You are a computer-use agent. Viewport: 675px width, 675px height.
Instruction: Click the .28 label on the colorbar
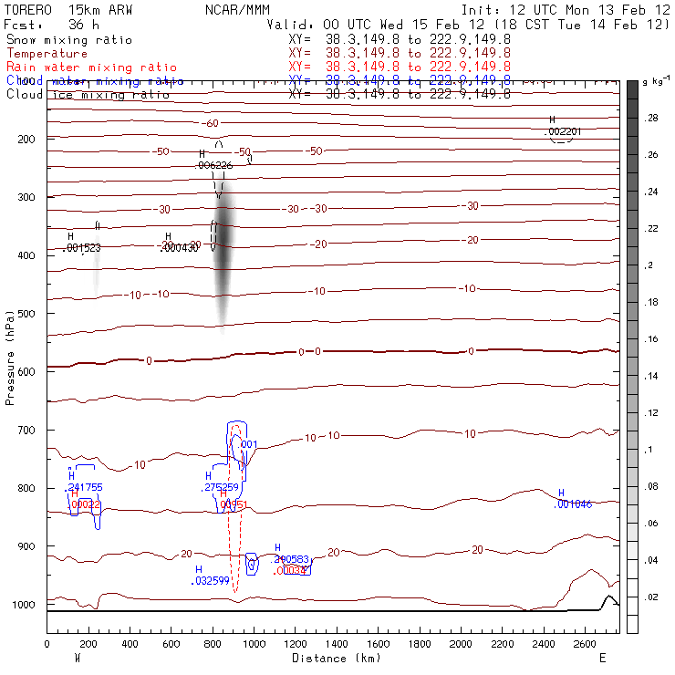652,119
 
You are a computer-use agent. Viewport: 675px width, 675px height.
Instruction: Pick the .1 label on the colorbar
649,450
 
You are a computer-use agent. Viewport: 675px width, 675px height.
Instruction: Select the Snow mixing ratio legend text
69,40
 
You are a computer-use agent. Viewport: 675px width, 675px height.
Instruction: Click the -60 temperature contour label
212,123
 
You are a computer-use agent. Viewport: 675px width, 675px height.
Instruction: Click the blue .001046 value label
574,504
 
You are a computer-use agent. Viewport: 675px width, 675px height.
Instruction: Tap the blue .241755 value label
85,487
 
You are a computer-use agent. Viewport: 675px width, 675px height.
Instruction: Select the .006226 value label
214,165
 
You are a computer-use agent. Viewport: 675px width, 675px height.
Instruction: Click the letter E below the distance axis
602,658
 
